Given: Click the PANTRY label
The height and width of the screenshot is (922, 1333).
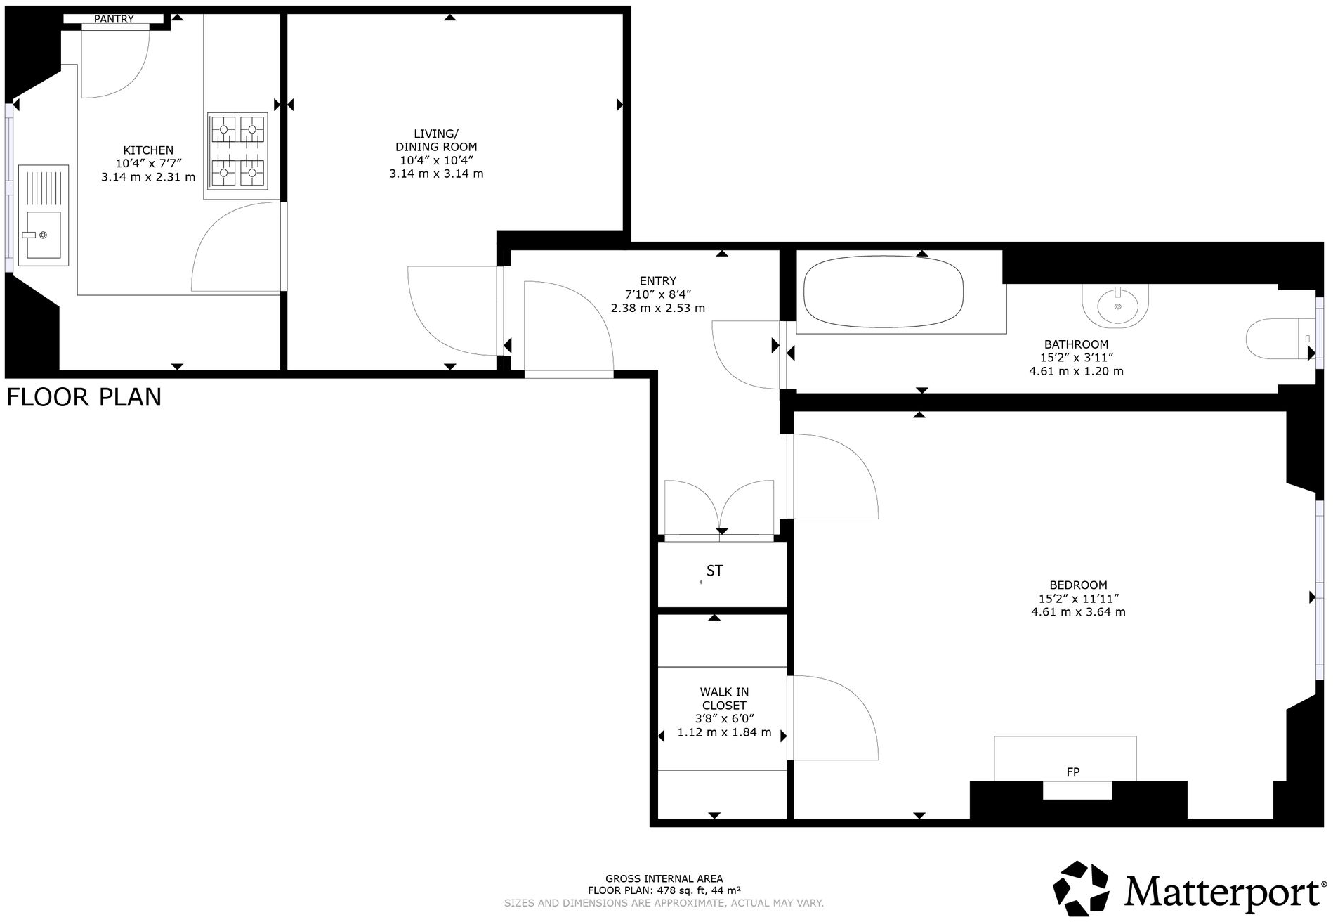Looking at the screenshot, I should (x=114, y=19).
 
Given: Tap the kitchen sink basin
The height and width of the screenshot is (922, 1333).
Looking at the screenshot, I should (x=41, y=234).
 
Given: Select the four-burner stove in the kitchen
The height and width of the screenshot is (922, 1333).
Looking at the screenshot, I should (x=237, y=151).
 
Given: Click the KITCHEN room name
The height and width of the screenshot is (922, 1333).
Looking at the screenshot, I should (x=148, y=150).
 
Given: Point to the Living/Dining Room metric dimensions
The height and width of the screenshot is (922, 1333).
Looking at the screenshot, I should (x=436, y=174).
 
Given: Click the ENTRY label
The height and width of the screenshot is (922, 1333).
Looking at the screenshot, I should (x=658, y=280).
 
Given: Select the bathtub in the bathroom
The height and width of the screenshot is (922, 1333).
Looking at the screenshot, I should (x=883, y=294).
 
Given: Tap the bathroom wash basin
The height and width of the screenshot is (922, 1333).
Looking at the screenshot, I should (x=1117, y=306).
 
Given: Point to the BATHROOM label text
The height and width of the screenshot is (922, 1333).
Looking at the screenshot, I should (x=1076, y=344).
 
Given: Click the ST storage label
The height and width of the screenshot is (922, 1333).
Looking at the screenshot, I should (x=714, y=571).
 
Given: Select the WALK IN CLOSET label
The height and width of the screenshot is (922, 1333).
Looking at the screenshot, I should (x=724, y=699).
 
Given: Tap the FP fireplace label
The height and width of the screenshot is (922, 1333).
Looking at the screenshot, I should (x=1072, y=772).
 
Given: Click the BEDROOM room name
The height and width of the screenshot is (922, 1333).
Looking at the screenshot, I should (x=1078, y=585).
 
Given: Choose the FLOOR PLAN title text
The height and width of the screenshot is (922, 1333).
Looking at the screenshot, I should (x=84, y=398).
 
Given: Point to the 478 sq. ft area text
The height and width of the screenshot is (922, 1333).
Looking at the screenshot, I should (x=664, y=890).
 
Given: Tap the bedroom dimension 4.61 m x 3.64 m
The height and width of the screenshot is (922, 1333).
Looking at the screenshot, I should (x=1078, y=612).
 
